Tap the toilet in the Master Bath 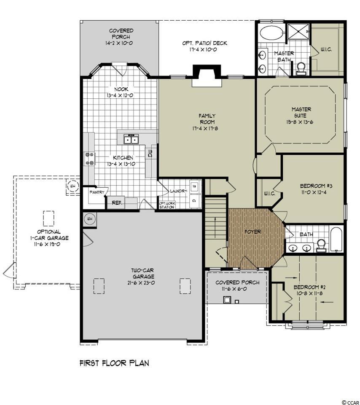coord(301,69)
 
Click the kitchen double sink coord(131,140)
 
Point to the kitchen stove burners coord(89,159)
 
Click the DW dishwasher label coord(150,154)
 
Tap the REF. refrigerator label coord(117,203)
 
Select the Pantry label coord(97,192)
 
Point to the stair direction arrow coord(215,227)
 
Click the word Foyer coord(253,232)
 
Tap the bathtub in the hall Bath coord(336,239)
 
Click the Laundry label coord(178,191)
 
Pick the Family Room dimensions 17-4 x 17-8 coord(205,128)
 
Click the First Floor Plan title coord(114,363)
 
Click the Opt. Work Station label coord(167,205)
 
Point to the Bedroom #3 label coord(316,186)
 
